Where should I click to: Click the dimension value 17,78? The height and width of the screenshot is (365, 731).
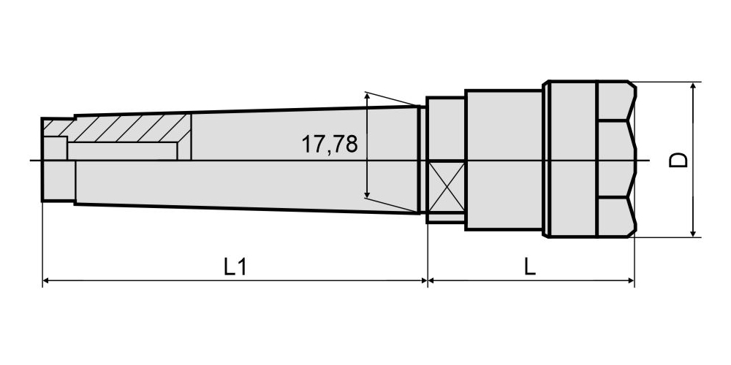pyautogui.click(x=330, y=144)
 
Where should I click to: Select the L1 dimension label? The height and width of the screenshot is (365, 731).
pyautogui.click(x=235, y=267)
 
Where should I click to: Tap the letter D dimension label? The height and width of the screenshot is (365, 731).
pyautogui.click(x=678, y=160)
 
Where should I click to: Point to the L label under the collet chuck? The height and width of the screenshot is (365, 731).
pyautogui.click(x=529, y=267)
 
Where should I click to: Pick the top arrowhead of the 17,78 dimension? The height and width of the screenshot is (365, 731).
pyautogui.click(x=368, y=96)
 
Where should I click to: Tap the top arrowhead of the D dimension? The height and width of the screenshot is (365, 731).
pyautogui.click(x=693, y=87)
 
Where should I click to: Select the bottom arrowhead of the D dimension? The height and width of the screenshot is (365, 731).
pyautogui.click(x=693, y=233)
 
